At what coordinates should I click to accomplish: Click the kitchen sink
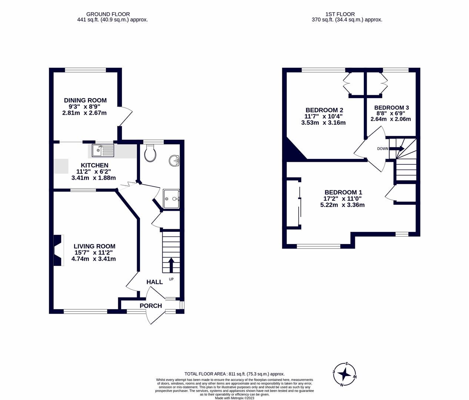point(103,150)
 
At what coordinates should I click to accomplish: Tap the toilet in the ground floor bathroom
point(150,153)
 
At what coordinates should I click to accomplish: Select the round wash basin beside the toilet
point(174,161)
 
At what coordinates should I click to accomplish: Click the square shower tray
point(171,199)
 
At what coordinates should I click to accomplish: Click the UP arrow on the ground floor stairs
point(171,265)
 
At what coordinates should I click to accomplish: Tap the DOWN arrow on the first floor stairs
point(397,149)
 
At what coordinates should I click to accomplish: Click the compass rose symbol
point(345,374)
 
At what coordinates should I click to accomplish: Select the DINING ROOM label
point(85,100)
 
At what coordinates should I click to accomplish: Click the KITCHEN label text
point(94,165)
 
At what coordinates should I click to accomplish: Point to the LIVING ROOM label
point(94,246)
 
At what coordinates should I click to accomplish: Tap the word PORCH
point(151,306)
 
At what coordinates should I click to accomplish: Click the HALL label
point(154,282)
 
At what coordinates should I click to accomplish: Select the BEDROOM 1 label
point(343,192)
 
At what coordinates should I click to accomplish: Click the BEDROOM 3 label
point(391,108)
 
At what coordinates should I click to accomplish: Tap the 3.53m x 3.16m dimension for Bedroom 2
point(323,123)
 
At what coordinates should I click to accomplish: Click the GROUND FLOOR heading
point(108,14)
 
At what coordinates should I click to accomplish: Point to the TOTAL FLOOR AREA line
point(234,374)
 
